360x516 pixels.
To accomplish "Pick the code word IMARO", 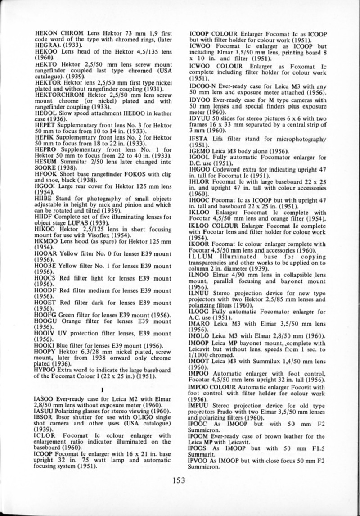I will tap(199, 323).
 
